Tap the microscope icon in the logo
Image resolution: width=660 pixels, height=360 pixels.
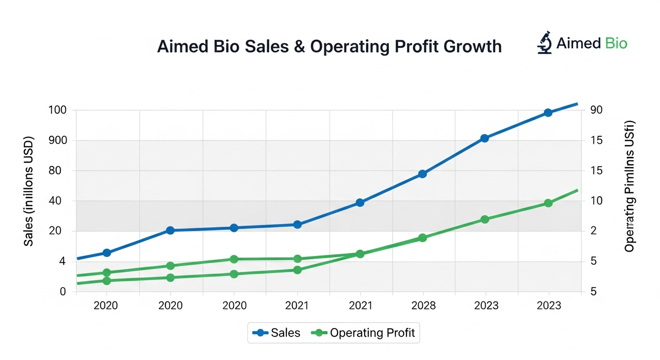545,43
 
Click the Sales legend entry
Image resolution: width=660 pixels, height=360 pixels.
277,333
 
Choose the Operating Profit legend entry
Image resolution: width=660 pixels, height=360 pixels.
365,333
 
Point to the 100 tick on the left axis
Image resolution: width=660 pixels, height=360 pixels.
57,110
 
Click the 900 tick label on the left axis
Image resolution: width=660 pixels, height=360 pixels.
57,141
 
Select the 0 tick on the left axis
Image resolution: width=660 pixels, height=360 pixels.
62,292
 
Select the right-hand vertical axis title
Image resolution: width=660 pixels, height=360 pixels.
630,187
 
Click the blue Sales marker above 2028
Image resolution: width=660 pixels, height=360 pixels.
422,174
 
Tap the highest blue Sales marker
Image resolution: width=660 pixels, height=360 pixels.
548,112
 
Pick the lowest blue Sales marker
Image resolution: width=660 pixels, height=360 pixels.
107,253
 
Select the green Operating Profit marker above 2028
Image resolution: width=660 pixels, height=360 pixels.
422,238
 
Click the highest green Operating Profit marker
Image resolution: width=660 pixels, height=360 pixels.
548,203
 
